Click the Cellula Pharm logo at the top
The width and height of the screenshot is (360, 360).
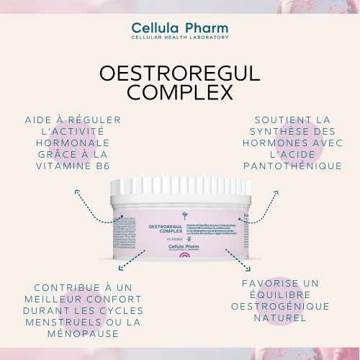[179, 27]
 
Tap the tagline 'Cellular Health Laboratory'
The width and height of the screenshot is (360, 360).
[180, 37]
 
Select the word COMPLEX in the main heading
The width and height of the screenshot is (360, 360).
[180, 94]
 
